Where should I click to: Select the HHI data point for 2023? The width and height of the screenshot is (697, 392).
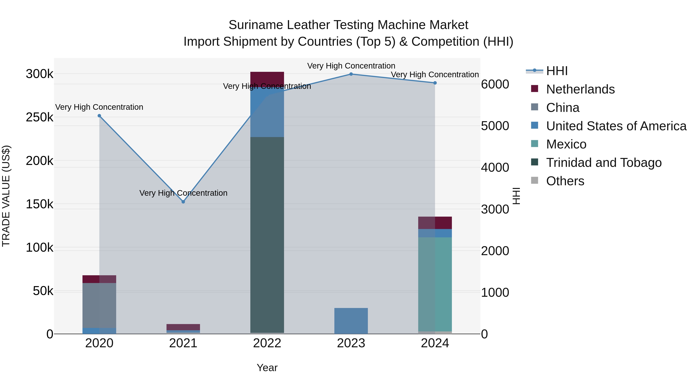[351, 74]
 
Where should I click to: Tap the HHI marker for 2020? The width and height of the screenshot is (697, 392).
[99, 116]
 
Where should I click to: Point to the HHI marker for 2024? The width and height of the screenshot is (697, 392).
[435, 83]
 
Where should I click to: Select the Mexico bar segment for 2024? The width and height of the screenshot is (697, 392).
[435, 284]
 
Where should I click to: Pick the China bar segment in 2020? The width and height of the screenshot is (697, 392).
[99, 305]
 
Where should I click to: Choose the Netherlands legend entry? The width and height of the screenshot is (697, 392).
[580, 89]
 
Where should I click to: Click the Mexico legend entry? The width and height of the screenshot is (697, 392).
[566, 144]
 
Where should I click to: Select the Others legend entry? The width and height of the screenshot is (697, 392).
[565, 181]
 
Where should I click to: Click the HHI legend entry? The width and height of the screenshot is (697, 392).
[557, 71]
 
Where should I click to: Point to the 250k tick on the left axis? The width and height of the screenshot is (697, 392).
[39, 118]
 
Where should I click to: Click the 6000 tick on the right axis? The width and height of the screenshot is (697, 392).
[495, 84]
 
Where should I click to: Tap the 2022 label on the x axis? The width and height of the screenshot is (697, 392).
[267, 343]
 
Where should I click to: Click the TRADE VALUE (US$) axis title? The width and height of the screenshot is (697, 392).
[6, 196]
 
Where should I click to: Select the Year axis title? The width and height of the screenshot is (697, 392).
[267, 368]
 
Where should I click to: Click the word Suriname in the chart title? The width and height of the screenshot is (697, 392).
[255, 25]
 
